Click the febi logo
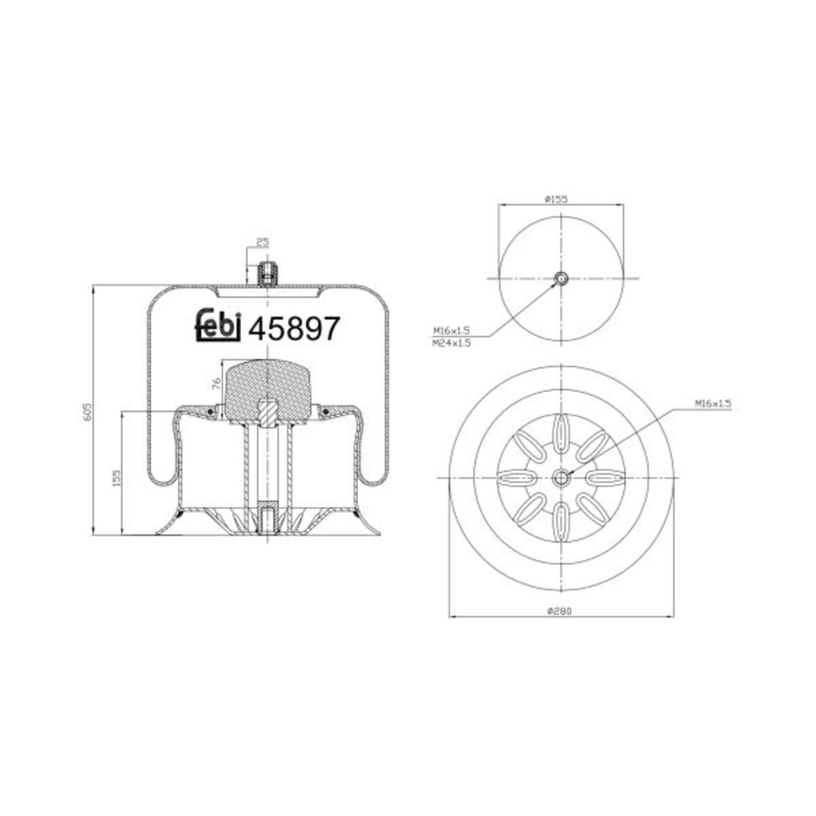(x=218, y=326)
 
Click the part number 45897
(x=294, y=328)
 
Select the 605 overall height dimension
(x=87, y=411)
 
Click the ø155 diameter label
(x=556, y=199)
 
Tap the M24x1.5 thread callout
(x=452, y=343)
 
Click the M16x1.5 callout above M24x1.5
(x=452, y=330)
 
